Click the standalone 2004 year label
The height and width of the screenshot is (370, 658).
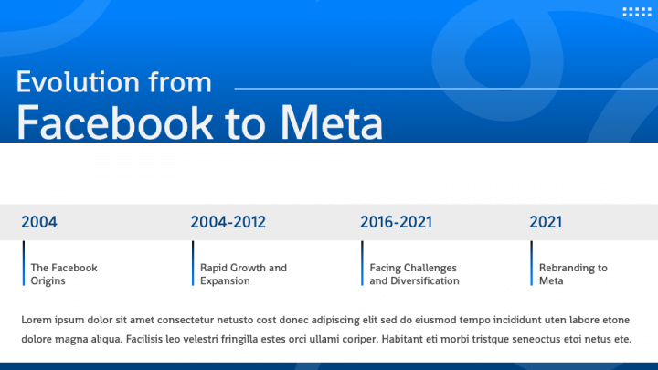[39, 222]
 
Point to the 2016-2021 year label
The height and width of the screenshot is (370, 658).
[396, 222]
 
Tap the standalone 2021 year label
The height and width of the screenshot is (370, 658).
[547, 222]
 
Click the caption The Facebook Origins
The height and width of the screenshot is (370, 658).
[64, 274]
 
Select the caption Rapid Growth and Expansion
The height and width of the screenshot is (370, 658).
[243, 274]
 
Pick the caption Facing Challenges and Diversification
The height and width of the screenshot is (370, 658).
[414, 274]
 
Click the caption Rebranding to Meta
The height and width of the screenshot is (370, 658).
[573, 274]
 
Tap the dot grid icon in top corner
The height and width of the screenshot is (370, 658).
[634, 12]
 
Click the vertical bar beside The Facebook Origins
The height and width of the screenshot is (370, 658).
[24, 264]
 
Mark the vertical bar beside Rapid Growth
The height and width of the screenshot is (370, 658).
[193, 264]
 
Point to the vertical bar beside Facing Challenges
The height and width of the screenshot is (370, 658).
[362, 264]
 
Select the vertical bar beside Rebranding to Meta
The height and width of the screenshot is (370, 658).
[532, 264]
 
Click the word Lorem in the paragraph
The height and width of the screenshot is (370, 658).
[37, 320]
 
